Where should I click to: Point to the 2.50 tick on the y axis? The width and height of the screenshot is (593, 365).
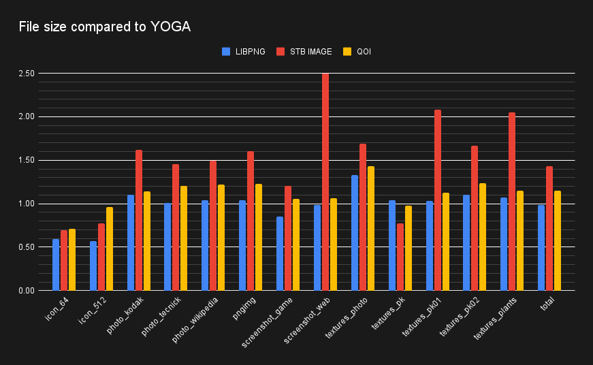point(27,73)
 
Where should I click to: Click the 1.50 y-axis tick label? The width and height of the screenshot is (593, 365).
point(27,160)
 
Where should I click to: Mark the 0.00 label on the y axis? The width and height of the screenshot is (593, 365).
point(27,291)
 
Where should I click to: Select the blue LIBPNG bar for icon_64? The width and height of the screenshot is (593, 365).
point(56,265)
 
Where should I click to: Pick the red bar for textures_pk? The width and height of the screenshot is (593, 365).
point(400,257)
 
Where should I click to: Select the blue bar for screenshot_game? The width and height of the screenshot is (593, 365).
point(280,254)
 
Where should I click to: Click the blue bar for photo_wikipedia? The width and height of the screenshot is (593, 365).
point(205,246)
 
